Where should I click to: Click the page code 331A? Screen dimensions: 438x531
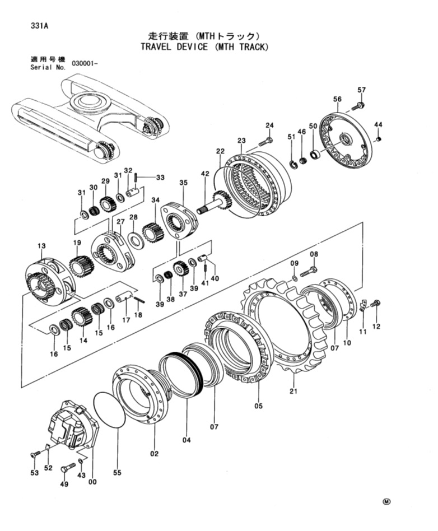point(39,26)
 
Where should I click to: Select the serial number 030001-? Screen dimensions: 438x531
point(85,64)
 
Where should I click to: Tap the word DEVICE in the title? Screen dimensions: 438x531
point(192,46)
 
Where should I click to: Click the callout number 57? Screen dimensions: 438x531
point(362,90)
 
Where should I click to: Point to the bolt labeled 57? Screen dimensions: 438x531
point(358,106)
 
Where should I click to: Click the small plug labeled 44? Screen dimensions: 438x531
point(379,138)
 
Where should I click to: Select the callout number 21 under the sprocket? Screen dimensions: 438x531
point(293,391)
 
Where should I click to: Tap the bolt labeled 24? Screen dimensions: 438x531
point(266,142)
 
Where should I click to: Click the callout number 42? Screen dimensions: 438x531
point(206,174)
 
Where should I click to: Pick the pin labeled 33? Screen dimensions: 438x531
point(136,177)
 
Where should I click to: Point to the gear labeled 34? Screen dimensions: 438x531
point(153,232)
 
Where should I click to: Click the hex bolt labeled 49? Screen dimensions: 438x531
point(68,468)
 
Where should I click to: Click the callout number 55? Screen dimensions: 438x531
point(117,472)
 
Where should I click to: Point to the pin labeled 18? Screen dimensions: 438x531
point(139,299)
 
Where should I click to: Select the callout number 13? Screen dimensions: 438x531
point(41,246)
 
